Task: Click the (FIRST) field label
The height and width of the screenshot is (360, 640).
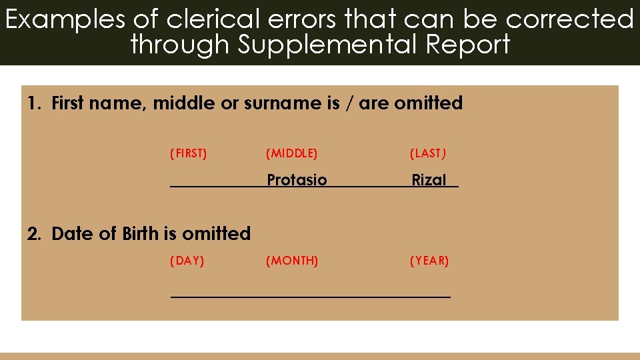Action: pos(189,154)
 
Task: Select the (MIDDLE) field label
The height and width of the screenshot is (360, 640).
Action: pos(292,154)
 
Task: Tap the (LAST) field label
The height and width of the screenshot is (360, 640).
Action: pos(428,154)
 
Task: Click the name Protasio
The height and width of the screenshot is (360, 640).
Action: pos(297,180)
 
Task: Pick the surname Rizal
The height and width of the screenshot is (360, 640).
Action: pos(429,180)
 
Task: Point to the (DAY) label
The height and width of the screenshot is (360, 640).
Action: pos(187,261)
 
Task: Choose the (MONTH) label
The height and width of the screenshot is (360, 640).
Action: pos(292,261)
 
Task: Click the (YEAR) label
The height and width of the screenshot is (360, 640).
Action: pos(429,261)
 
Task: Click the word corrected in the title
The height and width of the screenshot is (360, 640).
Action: pos(570,19)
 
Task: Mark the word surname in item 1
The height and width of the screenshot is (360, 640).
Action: pos(275,103)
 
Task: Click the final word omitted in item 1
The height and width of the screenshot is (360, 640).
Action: pos(428,103)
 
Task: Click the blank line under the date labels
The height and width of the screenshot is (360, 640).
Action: pos(311,294)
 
